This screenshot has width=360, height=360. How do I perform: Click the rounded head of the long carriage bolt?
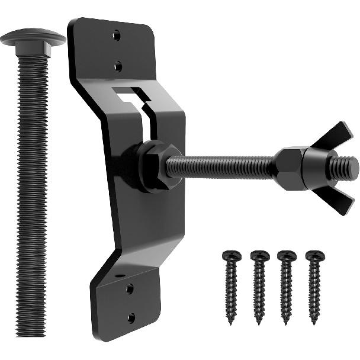33,37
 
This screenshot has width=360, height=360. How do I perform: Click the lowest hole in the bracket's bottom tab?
131,317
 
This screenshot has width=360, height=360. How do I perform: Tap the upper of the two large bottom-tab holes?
129,288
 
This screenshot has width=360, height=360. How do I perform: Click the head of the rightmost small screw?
314,256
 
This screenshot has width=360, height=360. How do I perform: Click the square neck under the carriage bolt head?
33,52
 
